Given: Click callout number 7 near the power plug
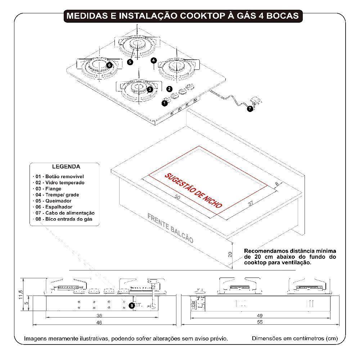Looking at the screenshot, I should tap(250, 108).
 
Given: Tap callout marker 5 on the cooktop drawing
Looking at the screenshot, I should tap(130, 62).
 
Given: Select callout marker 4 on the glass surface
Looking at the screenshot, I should tap(154, 60).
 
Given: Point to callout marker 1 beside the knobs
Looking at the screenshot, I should tap(165, 103).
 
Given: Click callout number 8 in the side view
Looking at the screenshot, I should tap(132, 306).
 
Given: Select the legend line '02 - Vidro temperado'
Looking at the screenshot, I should tap(60, 183).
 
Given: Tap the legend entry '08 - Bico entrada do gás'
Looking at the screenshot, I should tap(64, 219).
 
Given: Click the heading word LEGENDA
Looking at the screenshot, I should tap(66, 167).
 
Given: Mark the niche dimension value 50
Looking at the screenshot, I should tap(177, 197).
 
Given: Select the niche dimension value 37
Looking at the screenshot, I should tap(251, 203).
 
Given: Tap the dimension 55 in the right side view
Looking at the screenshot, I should tap(260, 323).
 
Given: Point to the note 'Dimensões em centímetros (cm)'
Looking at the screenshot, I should tap(295, 339).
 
